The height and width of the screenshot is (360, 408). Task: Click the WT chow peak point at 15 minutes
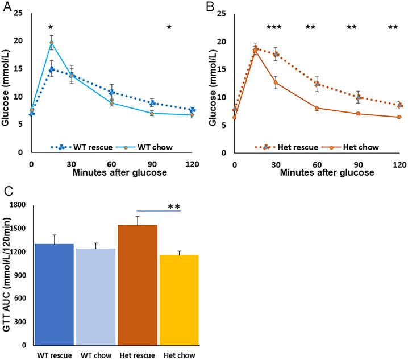[51, 43]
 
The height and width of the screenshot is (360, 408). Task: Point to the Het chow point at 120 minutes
[399, 117]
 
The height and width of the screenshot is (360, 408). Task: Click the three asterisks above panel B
[274, 28]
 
